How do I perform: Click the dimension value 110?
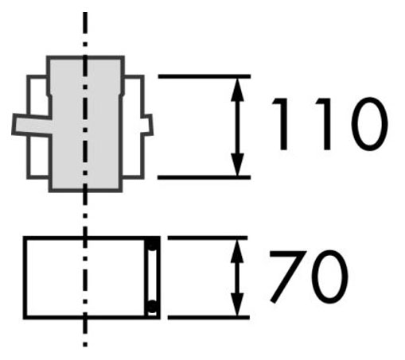coord(329,124)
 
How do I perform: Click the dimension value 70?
coord(309,277)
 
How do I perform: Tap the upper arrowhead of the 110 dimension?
coord(237,90)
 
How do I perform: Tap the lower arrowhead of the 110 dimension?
coord(237,165)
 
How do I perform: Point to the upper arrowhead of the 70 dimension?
coord(237,251)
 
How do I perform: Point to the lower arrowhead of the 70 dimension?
coord(237,304)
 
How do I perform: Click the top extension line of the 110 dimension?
coord(204,76)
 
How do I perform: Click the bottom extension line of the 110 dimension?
coord(204,177)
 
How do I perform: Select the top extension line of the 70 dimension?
coord(208,238)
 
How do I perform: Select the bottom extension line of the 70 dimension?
coord(208,317)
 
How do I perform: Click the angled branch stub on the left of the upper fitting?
coord(32,126)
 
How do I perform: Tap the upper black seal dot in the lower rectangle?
coord(152,244)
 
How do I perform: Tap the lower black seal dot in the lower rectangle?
coord(152,307)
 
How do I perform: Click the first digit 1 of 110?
coord(281,124)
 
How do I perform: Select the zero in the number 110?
coord(369,124)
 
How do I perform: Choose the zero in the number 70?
coord(329,277)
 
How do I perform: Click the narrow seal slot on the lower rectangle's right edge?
coord(152,276)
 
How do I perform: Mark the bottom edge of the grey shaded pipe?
coord(85,190)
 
